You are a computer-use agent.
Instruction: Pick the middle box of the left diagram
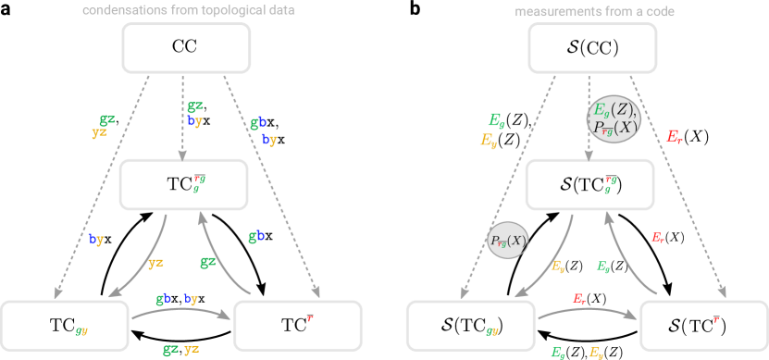[x=184, y=184]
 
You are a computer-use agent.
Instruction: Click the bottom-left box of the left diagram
[x=65, y=325]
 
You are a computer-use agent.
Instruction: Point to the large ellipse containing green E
[x=613, y=118]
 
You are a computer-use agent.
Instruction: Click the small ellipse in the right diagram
[x=507, y=241]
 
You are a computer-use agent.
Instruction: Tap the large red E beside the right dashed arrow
[x=674, y=137]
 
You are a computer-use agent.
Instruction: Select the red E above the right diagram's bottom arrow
[x=579, y=299]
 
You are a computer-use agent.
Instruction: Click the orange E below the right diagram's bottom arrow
[x=596, y=352]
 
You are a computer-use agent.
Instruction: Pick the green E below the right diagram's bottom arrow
[x=558, y=352]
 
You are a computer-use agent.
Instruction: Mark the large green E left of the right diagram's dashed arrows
[x=496, y=119]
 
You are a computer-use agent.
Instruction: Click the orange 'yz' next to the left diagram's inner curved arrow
[x=156, y=263]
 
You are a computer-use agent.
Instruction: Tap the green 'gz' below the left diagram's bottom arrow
[x=170, y=349]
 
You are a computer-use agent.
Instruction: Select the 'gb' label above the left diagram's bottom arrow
[x=164, y=299]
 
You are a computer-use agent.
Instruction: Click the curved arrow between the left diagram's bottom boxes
[x=180, y=313]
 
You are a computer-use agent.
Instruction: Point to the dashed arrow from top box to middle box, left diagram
[x=182, y=116]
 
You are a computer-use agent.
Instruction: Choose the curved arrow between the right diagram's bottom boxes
[x=587, y=313]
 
